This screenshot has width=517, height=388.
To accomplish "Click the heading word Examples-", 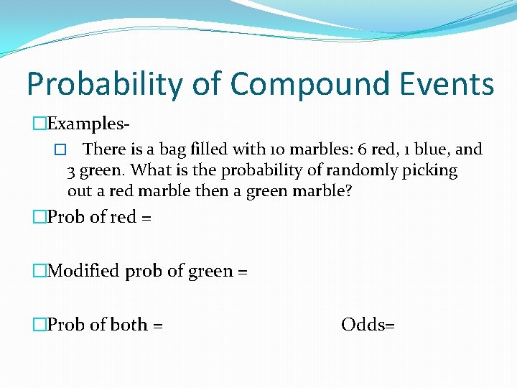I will (x=88, y=123).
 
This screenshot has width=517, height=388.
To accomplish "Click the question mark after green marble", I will (x=349, y=192).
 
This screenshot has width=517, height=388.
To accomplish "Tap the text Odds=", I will (x=368, y=325).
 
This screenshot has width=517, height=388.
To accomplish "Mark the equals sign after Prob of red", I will (x=146, y=217).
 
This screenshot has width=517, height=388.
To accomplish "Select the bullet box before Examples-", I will (x=39, y=123).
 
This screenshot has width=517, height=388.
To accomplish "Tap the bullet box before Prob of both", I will (x=39, y=325).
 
